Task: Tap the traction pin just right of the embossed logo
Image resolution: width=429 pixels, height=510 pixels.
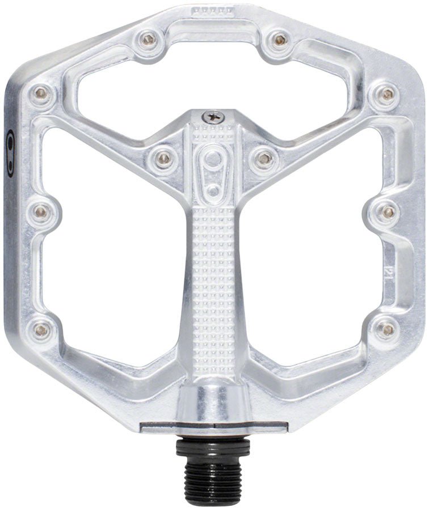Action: coord(263,158)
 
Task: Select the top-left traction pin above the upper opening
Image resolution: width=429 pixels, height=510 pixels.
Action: coord(148,39)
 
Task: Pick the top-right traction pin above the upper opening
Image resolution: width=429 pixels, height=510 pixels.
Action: coord(279,39)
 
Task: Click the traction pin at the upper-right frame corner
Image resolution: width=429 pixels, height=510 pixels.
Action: coord(387,93)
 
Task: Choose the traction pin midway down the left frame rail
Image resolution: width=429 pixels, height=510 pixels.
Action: coord(41,211)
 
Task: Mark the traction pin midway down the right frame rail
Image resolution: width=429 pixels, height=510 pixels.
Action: coord(389,211)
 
